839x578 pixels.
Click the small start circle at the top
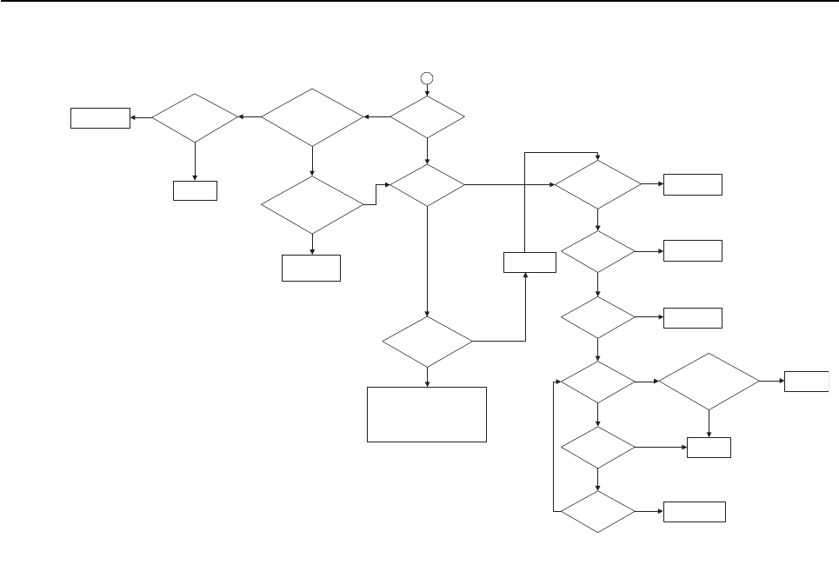point(427,78)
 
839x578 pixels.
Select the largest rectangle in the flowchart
point(427,415)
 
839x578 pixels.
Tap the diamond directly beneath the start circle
point(427,116)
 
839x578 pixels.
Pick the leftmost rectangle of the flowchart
point(101,117)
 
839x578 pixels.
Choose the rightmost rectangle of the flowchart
point(807,381)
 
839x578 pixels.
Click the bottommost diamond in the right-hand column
point(598,512)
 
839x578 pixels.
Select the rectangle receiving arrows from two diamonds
point(709,448)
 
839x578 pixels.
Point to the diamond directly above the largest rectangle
point(427,342)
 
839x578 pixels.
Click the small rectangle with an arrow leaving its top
point(529,262)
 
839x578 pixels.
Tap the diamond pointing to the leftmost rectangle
point(195,116)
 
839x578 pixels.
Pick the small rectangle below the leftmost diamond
point(195,189)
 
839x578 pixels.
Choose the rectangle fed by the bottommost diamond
point(695,512)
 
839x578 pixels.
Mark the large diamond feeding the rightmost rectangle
point(709,381)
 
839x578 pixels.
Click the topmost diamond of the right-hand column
point(598,184)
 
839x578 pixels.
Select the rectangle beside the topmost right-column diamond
point(693,184)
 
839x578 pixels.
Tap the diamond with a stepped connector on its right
point(312,205)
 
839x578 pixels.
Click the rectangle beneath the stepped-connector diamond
point(311,268)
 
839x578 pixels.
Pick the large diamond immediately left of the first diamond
point(312,116)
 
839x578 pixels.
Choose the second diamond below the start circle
point(427,184)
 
